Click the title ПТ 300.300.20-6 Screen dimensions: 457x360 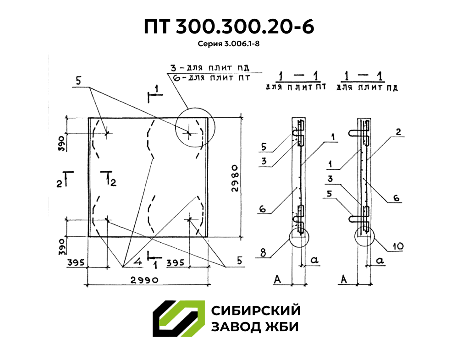coord(229,27)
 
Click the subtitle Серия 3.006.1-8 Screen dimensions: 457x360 coord(228,44)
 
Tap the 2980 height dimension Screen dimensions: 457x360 coord(235,178)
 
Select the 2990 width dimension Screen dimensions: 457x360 coord(144,280)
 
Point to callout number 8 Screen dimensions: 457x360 coord(263,252)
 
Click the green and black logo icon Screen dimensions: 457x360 coord(178,319)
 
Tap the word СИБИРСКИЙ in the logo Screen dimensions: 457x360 coord(256,311)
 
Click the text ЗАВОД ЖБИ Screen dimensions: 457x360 coord(255,327)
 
